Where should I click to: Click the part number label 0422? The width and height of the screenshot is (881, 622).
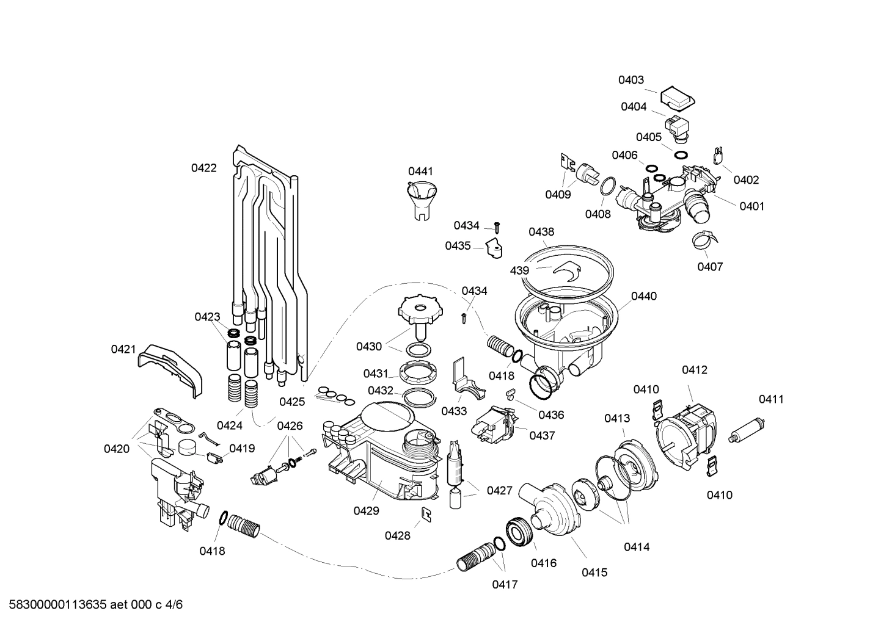point(203,168)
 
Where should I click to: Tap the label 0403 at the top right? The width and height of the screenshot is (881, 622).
point(631,80)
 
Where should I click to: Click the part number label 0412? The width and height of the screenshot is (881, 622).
point(695,370)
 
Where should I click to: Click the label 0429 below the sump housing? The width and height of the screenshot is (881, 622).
point(366,512)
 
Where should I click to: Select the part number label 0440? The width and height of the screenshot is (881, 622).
point(644,296)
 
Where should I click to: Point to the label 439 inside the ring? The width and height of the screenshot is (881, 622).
point(519,270)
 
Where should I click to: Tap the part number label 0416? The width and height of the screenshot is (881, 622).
point(543,563)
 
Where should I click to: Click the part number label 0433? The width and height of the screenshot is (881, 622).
point(454,411)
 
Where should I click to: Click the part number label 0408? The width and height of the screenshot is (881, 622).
point(598,214)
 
